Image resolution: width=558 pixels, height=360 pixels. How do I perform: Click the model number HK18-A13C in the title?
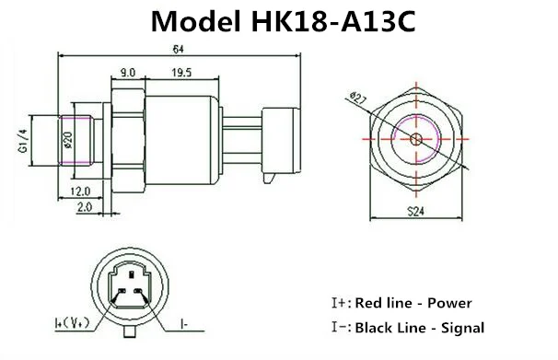(334, 22)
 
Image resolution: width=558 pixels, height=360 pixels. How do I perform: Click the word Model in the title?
(195, 22)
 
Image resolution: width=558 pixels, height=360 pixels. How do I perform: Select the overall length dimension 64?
(179, 49)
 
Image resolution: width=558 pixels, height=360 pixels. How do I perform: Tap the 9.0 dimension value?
(128, 73)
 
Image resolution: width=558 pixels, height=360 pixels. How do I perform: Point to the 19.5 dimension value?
(181, 73)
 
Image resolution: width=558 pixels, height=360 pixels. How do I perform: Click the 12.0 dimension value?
(80, 192)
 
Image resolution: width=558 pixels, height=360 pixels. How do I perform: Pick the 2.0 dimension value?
(85, 206)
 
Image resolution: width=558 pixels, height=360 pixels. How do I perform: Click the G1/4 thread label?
(23, 141)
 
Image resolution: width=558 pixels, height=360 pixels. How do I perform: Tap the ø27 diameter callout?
(358, 98)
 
